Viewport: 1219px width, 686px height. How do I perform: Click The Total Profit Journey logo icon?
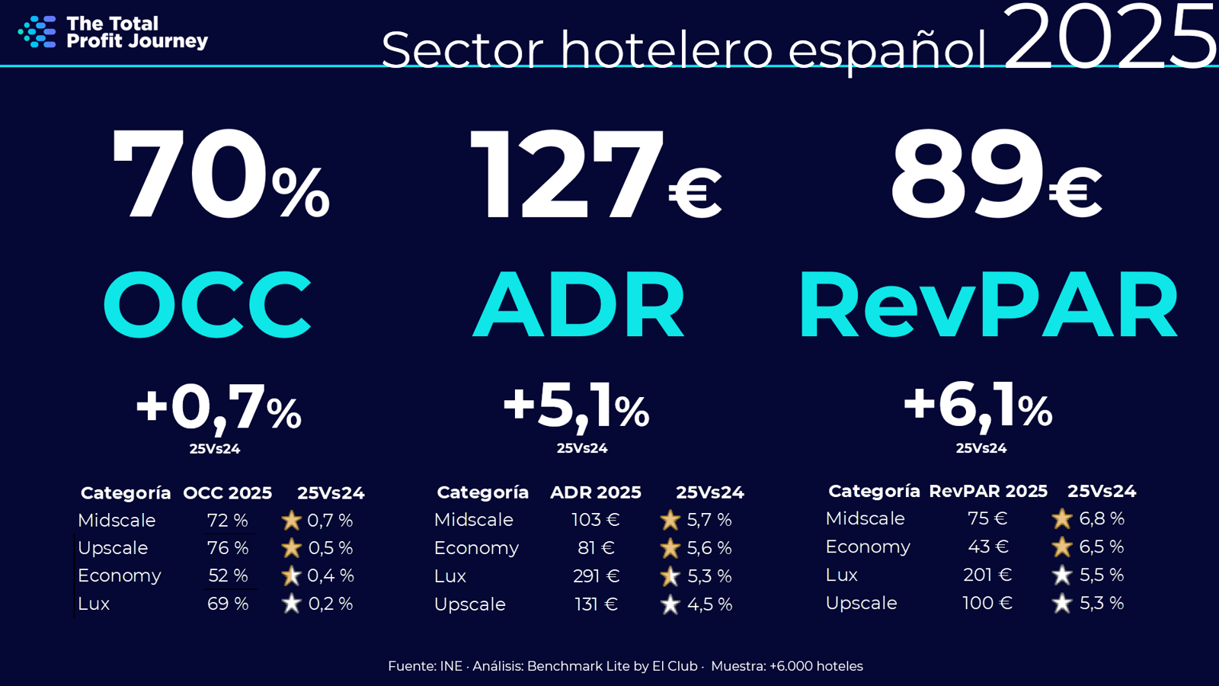click(37, 32)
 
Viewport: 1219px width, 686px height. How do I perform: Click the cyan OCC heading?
click(207, 305)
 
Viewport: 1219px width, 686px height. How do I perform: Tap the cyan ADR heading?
click(579, 305)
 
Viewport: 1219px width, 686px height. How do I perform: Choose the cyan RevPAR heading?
click(988, 305)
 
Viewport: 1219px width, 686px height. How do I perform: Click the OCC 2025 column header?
click(227, 493)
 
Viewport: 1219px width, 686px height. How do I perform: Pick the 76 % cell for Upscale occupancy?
click(228, 548)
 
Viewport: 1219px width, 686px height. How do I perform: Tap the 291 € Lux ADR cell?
click(596, 576)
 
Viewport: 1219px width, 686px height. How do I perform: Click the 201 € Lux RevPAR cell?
click(987, 575)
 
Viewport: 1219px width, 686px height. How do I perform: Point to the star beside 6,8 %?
click(1061, 519)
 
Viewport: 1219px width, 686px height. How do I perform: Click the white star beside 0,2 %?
click(291, 604)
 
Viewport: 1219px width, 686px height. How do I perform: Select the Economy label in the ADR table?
click(476, 548)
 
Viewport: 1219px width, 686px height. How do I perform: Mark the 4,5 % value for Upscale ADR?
click(709, 604)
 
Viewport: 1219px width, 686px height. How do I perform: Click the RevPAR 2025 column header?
click(987, 491)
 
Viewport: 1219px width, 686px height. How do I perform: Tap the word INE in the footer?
click(451, 666)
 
